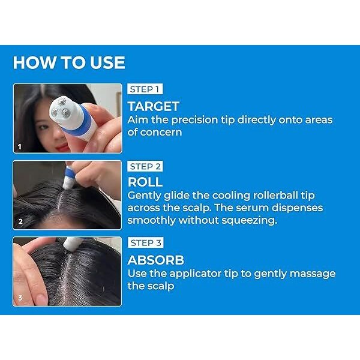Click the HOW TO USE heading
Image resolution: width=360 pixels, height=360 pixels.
[x=69, y=62]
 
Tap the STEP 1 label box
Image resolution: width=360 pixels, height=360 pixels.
[x=145, y=89]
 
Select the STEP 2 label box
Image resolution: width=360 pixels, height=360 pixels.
[x=145, y=166]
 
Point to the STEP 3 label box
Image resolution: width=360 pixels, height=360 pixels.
[x=146, y=242]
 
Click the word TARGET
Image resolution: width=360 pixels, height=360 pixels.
[x=154, y=107]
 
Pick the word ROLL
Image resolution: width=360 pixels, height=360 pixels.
[x=145, y=182]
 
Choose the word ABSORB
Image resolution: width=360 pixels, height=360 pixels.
[x=156, y=260]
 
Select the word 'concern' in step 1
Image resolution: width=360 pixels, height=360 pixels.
[x=161, y=133]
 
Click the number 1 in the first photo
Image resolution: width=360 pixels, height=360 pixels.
[x=20, y=146]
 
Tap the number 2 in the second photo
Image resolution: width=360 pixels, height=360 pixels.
[x=20, y=221]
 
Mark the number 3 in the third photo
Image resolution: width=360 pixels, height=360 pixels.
[x=20, y=298]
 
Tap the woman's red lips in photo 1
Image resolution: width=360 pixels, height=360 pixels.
[x=62, y=147]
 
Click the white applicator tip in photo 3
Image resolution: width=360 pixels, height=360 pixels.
[x=71, y=244]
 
